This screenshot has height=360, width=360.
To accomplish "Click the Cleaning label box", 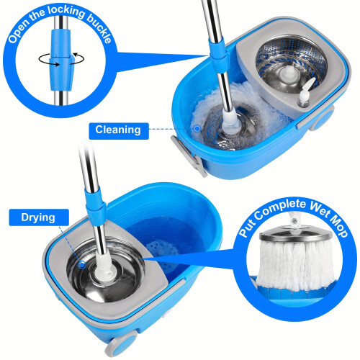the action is pos(119,131).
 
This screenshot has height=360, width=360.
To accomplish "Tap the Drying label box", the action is pos(39,217).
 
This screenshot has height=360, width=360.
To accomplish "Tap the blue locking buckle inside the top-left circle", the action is pos(61,60).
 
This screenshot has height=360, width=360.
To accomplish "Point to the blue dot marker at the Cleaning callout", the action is pos(197,129).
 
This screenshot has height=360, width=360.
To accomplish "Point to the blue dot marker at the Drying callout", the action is pos(82,265).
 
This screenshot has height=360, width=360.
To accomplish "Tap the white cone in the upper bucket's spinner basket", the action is pos(289,74).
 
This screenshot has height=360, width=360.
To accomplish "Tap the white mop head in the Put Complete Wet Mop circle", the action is pos(296,266).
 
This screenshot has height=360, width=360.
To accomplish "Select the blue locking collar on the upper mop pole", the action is pos(219,57).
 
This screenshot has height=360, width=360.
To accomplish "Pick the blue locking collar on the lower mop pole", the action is pos(96,207).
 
